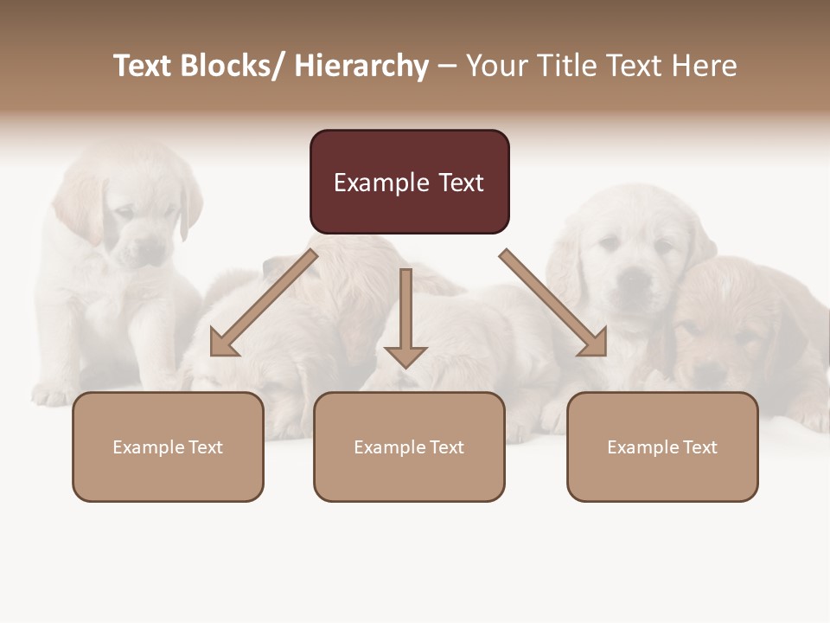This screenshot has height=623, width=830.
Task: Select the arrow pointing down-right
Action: coord(554,304)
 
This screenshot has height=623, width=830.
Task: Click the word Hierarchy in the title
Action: coord(361,66)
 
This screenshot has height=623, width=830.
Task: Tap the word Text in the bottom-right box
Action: coord(698,447)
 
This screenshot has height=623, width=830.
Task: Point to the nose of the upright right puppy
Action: coord(636,279)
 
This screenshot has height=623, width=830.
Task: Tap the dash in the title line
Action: coord(447,66)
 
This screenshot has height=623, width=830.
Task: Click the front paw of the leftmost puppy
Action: coord(52,395)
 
